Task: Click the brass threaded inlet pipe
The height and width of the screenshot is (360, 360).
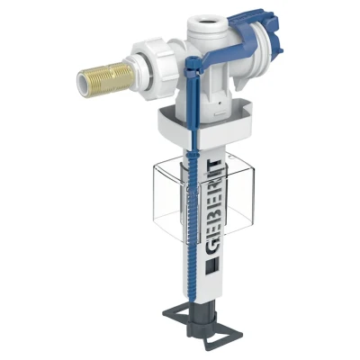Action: click(105, 76)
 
